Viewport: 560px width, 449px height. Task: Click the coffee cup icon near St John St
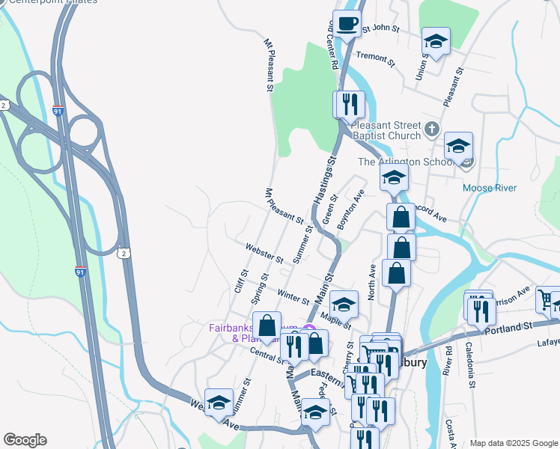[346, 23]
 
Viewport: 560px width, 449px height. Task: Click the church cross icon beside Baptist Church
[431, 130]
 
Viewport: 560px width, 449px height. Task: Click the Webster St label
[264, 254]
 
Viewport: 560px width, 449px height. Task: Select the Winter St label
[293, 296]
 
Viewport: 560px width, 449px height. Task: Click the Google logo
[25, 440]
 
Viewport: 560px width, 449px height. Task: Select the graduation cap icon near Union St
[435, 41]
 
